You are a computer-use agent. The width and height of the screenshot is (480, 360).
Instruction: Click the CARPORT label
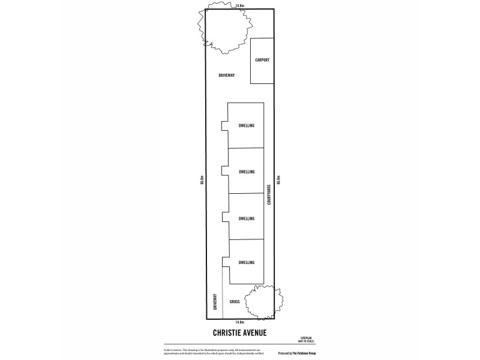[262, 60]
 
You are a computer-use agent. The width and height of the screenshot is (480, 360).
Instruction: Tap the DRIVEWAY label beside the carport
[226, 75]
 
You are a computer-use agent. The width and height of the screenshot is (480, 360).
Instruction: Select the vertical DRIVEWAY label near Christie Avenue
[214, 302]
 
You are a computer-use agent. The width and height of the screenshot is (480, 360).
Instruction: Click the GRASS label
[235, 302]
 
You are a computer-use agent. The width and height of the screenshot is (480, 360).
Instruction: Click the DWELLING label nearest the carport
[247, 125]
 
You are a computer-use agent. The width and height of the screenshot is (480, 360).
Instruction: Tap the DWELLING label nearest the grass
[247, 262]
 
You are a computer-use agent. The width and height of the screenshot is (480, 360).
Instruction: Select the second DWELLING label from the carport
[247, 172]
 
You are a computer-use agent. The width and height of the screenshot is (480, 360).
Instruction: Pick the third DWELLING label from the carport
[247, 217]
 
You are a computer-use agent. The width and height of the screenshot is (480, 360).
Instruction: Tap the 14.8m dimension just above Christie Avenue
[239, 322]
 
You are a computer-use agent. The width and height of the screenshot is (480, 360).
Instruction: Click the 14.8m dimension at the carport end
[239, 5]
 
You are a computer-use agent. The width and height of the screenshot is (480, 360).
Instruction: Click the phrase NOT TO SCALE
[307, 342]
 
